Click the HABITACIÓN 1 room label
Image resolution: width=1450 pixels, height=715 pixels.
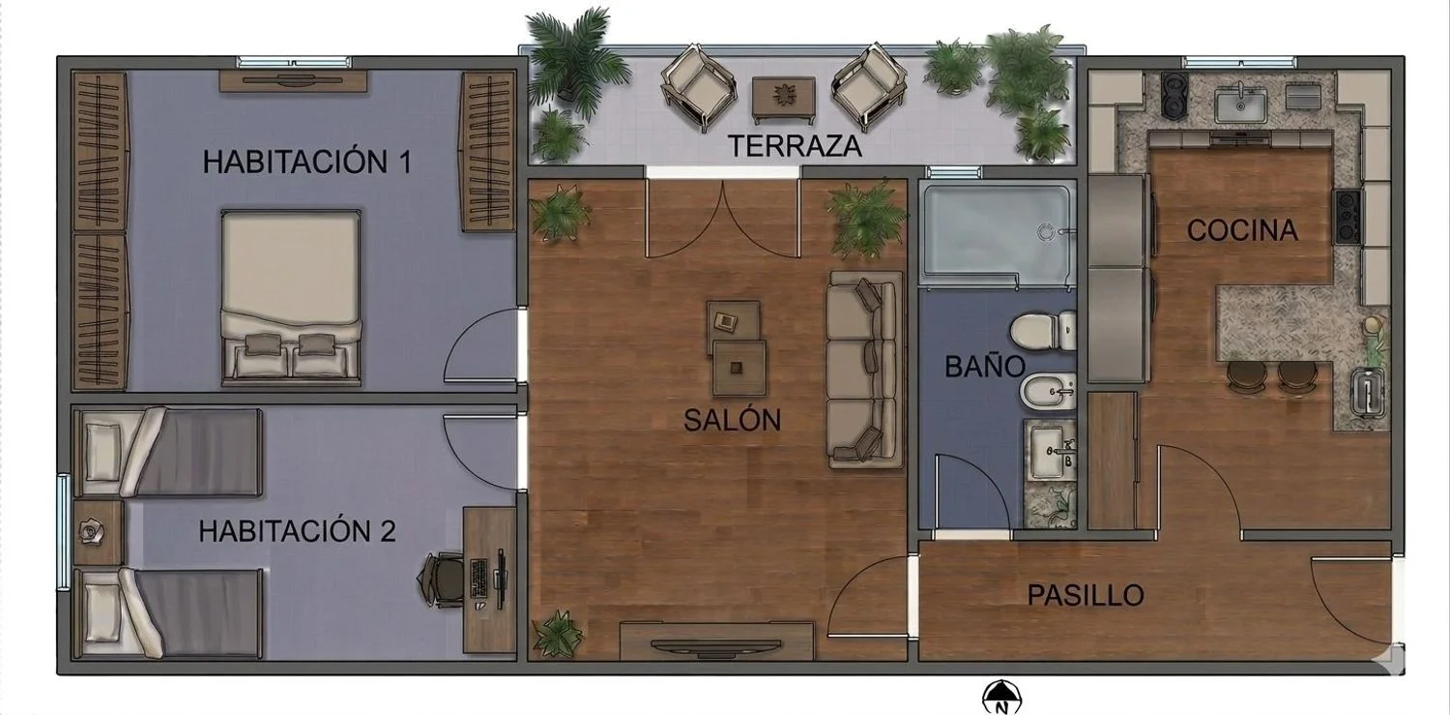click(306, 162)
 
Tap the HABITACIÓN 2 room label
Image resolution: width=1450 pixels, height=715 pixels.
click(297, 531)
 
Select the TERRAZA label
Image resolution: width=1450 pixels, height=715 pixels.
click(795, 146)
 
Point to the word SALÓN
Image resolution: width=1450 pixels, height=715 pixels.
click(732, 420)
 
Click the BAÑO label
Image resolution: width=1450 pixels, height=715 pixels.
click(985, 367)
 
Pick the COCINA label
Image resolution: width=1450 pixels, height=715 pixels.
click(1242, 230)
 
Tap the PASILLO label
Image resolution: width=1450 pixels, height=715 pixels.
click(1086, 595)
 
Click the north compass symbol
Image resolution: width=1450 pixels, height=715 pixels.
click(1001, 699)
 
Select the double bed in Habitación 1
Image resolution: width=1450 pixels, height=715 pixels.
click(291, 297)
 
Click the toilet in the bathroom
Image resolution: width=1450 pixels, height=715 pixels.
click(1043, 331)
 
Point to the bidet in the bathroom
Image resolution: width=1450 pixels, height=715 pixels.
click(1047, 393)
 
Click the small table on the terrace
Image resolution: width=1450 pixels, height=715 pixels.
click(783, 101)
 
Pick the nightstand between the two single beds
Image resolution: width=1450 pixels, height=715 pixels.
click(98, 532)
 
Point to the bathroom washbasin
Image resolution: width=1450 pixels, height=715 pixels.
click(1049, 450)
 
